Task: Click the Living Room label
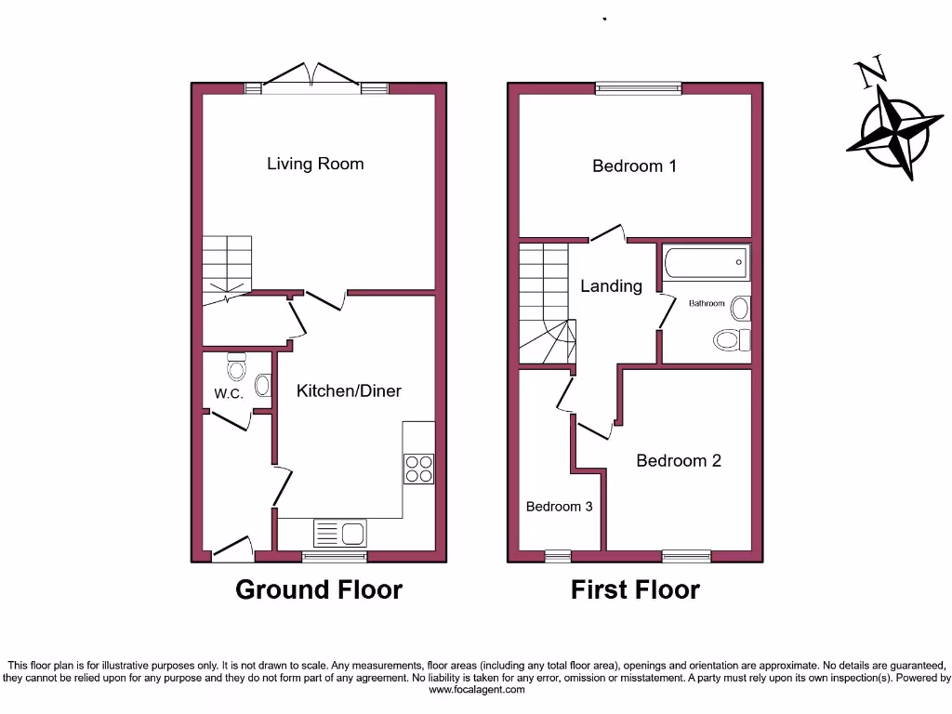click(x=315, y=164)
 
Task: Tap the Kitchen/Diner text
click(x=349, y=390)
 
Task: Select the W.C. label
click(x=229, y=393)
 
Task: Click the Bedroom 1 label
click(x=634, y=166)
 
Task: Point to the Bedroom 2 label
click(x=679, y=460)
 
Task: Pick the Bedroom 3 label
click(x=559, y=507)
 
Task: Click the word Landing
click(x=611, y=286)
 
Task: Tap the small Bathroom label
click(x=707, y=303)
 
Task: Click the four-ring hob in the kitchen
click(x=418, y=468)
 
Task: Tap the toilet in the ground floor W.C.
click(x=237, y=369)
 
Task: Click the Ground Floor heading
click(x=319, y=589)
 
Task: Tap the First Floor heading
click(x=635, y=589)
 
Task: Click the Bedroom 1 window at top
click(x=638, y=89)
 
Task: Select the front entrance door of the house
click(x=232, y=550)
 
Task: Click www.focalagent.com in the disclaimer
click(x=475, y=690)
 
